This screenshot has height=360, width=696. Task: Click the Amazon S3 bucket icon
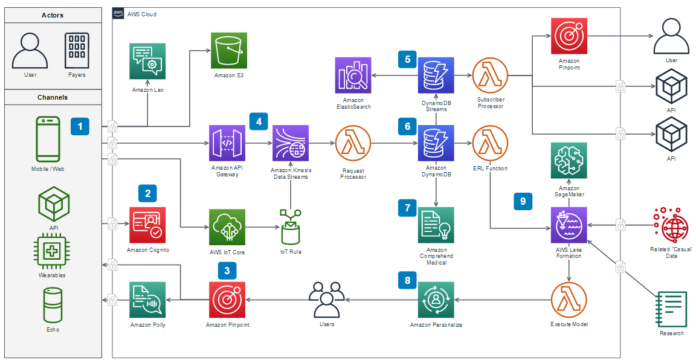(229, 51)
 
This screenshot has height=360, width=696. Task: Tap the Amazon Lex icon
(148, 61)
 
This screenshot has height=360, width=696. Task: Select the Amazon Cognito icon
(148, 225)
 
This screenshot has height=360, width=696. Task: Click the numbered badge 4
(259, 121)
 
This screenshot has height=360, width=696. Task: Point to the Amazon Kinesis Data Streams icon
(291, 143)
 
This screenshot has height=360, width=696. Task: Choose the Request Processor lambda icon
(353, 144)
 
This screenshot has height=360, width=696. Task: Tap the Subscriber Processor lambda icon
(490, 76)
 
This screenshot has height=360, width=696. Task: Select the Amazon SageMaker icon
(569, 161)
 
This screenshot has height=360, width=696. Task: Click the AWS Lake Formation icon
(569, 225)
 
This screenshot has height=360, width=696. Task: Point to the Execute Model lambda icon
(569, 300)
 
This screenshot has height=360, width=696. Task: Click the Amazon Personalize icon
(436, 300)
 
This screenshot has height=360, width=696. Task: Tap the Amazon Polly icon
(147, 300)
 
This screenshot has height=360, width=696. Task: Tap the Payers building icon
(77, 50)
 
